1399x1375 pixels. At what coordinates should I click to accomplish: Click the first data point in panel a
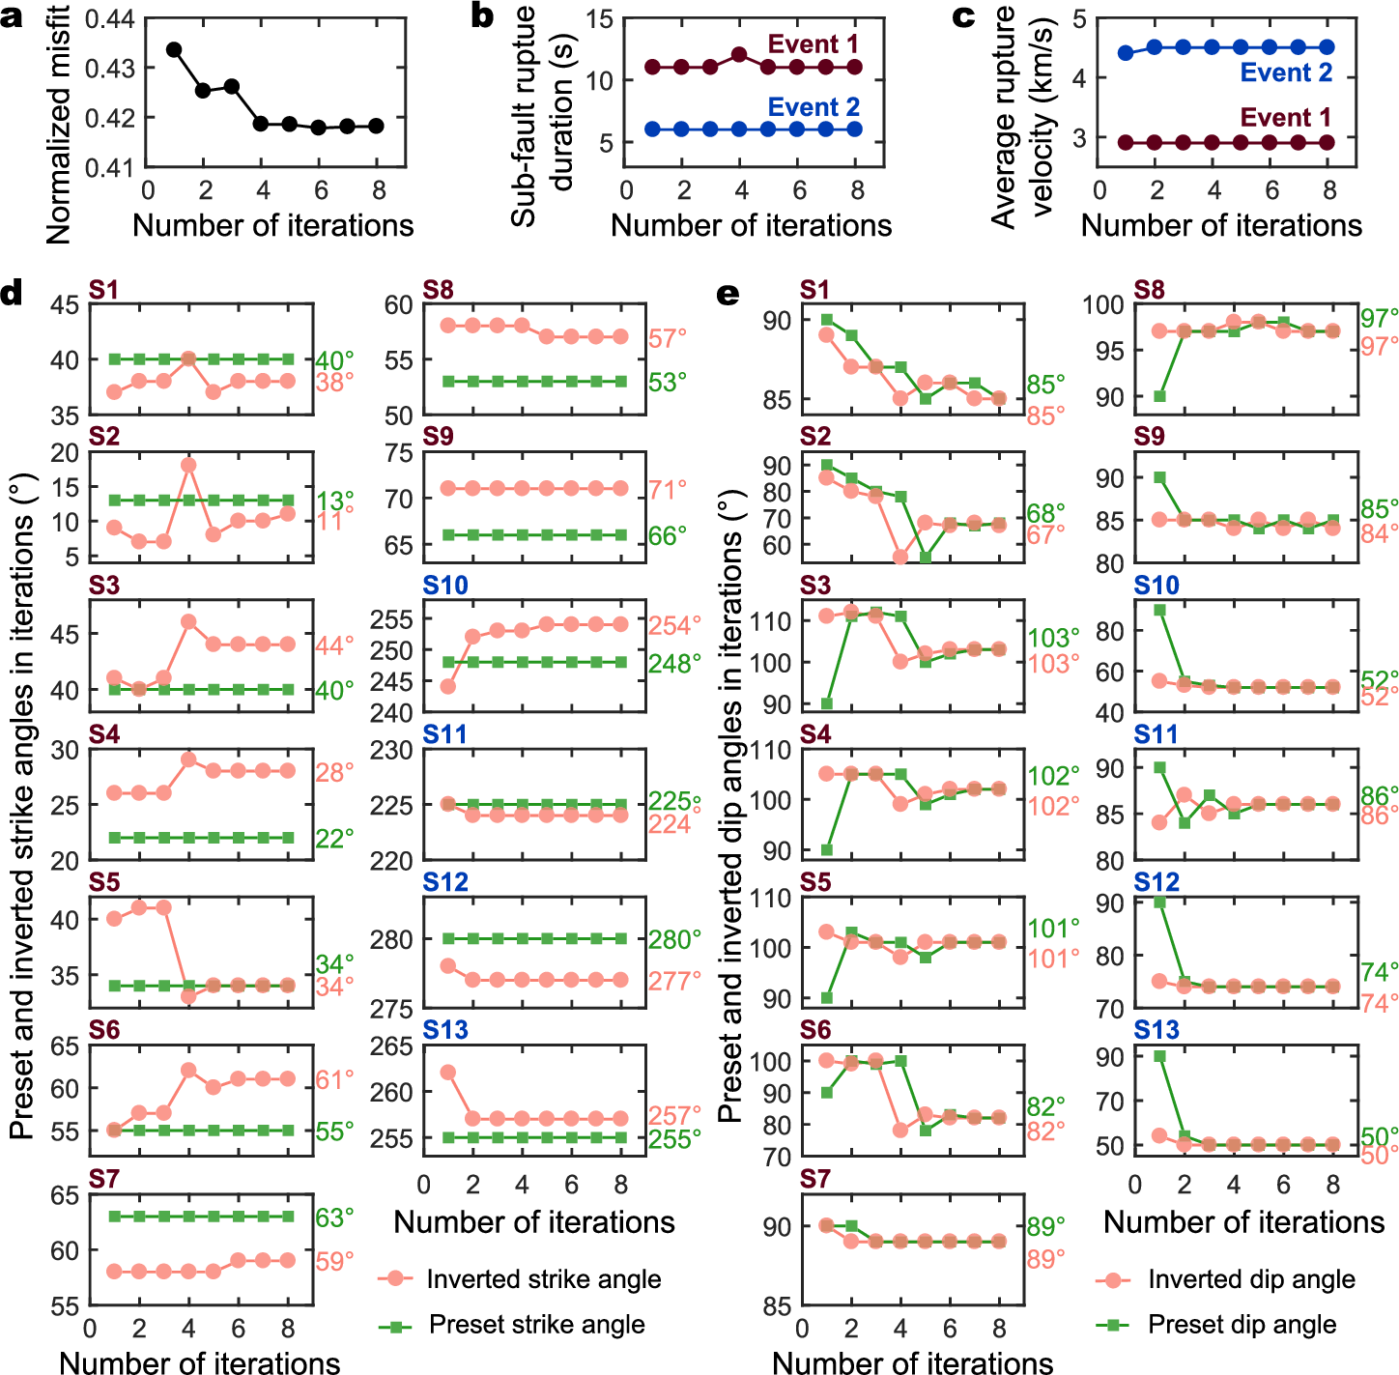tap(174, 49)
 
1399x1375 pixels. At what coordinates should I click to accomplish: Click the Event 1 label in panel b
tap(813, 44)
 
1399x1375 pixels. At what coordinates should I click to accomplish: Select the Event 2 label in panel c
tap(1286, 72)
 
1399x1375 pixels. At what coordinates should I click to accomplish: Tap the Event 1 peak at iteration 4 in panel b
tap(739, 55)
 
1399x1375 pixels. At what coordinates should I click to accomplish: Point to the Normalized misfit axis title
tap(58, 124)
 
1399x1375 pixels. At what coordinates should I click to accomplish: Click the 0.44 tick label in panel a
tap(109, 18)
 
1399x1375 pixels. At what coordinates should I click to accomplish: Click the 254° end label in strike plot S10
tap(674, 626)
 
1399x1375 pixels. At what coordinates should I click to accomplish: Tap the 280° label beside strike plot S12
tap(674, 939)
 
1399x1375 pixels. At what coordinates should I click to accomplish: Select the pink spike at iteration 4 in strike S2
tap(189, 465)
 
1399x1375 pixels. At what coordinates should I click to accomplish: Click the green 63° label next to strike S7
tap(335, 1217)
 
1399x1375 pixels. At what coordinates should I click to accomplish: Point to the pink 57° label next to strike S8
tap(668, 338)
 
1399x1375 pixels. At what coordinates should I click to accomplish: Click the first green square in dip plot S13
tap(1159, 1056)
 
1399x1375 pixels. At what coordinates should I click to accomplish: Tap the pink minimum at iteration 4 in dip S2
tap(900, 558)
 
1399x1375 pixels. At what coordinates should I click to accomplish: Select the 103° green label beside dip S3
tap(1053, 638)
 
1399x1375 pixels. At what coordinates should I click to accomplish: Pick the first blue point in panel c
tap(1126, 53)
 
